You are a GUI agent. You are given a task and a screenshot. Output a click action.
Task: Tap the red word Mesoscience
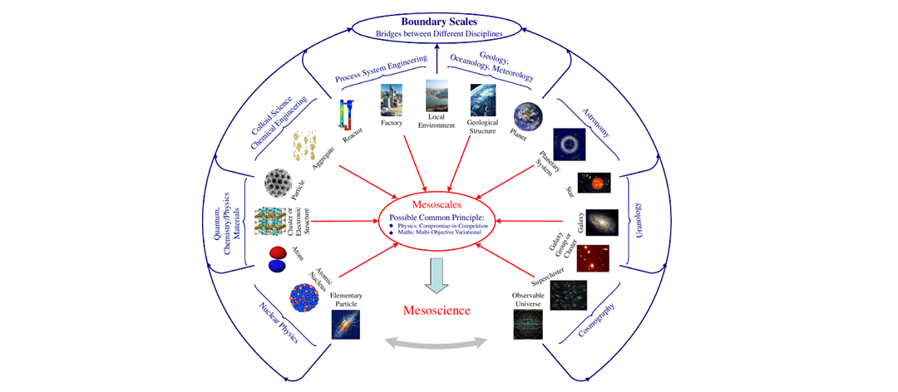(437, 310)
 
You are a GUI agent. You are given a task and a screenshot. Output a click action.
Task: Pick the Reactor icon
(346, 114)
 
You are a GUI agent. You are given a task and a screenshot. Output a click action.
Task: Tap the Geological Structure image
(482, 100)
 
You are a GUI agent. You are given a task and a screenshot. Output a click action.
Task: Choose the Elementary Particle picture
(345, 326)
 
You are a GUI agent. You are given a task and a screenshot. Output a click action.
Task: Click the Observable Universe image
(530, 325)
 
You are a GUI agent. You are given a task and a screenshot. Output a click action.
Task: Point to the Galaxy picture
(601, 223)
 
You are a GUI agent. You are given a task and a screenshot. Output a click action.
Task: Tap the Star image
(594, 183)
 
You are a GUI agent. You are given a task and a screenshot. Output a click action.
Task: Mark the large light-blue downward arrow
(436, 275)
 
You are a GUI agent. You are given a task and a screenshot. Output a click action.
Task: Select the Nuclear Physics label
(279, 321)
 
